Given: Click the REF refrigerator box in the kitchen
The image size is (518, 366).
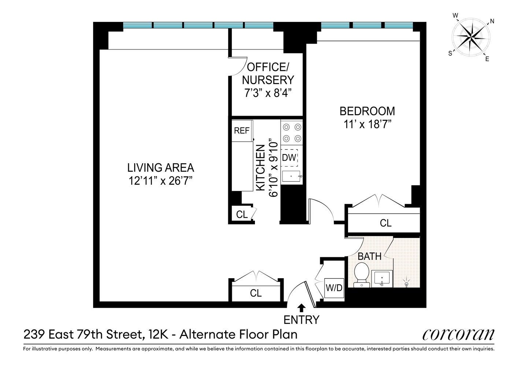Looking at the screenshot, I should pos(242,131).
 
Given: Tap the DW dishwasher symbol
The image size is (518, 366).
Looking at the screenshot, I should pos(289,158).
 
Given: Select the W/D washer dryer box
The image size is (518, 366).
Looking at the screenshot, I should pos(334,288).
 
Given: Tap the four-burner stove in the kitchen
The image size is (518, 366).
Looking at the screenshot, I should pos(292,132).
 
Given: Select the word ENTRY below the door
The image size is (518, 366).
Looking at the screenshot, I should pos(301,320).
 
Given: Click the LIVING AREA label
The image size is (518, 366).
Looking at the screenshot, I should pos(160,168).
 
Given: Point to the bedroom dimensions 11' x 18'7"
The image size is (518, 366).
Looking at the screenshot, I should pos(367,124).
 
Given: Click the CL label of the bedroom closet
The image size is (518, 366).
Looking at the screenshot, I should pos(385,223).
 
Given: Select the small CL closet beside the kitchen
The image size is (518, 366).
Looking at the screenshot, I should pos(242,214).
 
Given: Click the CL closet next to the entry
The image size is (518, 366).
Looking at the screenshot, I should pos(256,293).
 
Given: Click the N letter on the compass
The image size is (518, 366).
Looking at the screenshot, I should pos(492,21).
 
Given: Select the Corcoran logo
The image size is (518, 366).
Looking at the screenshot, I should pos(458,335).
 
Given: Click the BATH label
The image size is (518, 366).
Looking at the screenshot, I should pos(370,256).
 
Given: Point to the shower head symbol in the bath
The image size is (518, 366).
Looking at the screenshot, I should pos(406,283).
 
